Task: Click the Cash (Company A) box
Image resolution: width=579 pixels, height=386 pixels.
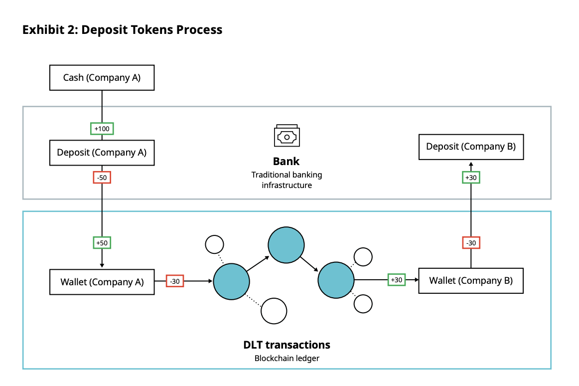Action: [x=102, y=78]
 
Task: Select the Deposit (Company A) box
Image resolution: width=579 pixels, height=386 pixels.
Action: [x=102, y=153]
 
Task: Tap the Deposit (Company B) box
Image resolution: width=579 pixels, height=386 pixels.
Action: [x=471, y=147]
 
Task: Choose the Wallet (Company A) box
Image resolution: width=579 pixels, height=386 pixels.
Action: [x=102, y=282]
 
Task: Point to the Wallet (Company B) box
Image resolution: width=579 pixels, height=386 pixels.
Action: [x=471, y=281]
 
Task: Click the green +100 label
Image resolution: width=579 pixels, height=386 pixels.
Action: [x=102, y=129]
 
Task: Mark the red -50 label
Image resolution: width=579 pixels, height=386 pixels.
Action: [x=102, y=177]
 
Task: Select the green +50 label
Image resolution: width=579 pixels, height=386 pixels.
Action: [x=102, y=243]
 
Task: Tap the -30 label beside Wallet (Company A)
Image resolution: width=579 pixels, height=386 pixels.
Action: [x=175, y=281]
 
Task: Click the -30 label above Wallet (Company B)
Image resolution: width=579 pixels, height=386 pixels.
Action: [x=471, y=243]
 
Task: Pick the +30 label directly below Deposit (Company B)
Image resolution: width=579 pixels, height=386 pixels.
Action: [x=471, y=178]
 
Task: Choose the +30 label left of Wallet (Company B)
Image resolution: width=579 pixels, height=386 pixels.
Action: [x=397, y=280]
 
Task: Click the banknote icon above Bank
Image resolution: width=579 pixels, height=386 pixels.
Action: [x=287, y=136]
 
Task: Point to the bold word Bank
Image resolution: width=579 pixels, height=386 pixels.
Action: [x=287, y=162]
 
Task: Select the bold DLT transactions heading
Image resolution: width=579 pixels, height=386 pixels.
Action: [x=287, y=345]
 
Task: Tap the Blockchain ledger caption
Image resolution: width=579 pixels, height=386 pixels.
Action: [x=287, y=358]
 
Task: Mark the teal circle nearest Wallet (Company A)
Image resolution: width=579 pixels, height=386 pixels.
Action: [x=231, y=282]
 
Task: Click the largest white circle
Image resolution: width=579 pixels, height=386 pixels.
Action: [x=274, y=311]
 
